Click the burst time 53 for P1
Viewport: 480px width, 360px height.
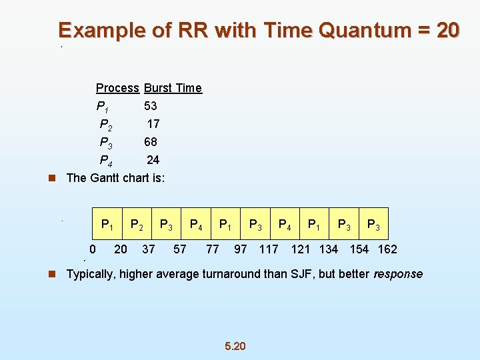150,106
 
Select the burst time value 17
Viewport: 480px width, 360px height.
153,124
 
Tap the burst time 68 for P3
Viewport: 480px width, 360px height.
150,142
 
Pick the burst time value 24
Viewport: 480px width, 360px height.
153,160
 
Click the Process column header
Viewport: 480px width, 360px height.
117,88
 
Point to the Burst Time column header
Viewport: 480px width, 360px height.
173,88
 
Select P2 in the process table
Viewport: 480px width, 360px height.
105,124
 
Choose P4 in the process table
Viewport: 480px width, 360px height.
105,160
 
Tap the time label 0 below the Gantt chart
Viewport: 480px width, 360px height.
93,249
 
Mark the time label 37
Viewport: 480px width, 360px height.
149,249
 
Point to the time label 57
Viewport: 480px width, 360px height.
179,249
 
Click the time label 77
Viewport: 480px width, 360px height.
212,249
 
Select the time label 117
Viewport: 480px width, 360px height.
269,249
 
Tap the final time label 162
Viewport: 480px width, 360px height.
387,249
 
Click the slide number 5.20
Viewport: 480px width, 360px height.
235,346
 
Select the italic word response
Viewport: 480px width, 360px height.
398,274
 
